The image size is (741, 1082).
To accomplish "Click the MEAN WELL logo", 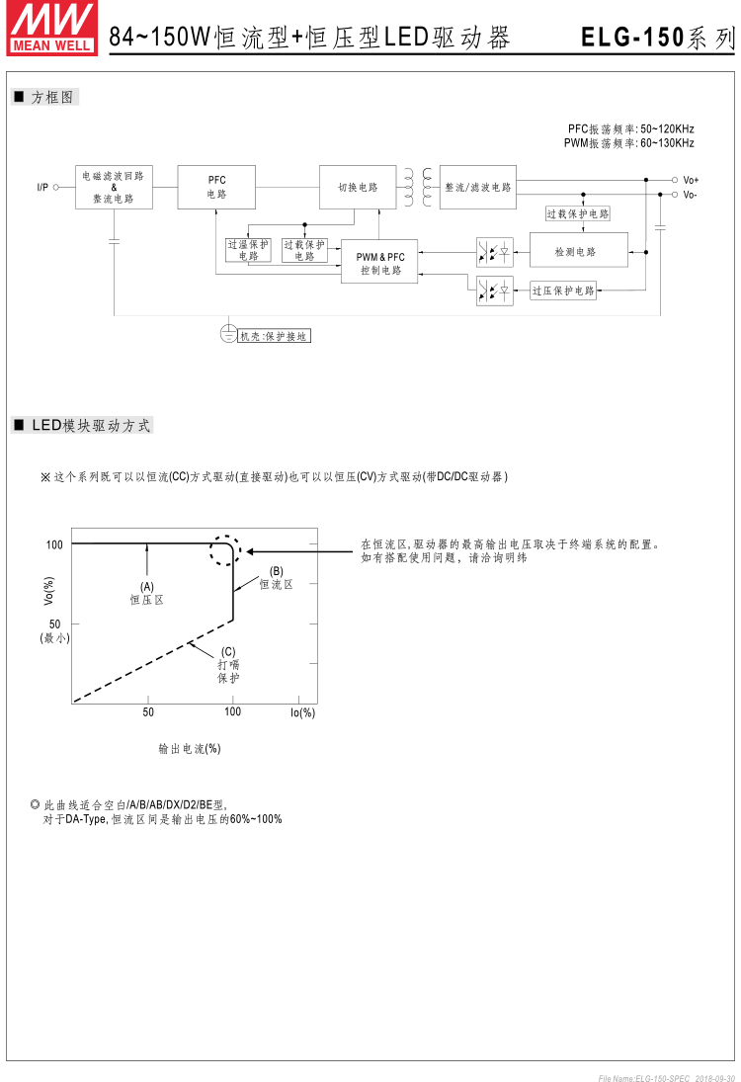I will [x=52, y=28].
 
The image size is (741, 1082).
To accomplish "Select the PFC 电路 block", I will [x=216, y=187].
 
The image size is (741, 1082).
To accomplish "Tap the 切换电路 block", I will [x=358, y=187].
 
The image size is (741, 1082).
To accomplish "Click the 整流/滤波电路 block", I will [x=478, y=187].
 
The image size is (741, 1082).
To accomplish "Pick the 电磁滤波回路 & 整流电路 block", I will [x=114, y=187].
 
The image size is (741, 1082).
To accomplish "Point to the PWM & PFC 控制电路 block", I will [x=380, y=263].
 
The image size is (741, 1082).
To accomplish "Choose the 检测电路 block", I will [x=577, y=251].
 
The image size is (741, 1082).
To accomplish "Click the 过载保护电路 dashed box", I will [x=578, y=213].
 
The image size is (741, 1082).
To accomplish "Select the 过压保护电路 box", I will [x=563, y=291].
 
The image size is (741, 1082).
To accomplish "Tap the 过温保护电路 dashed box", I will [x=247, y=250].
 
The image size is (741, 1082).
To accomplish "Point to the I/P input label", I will [x=42, y=187].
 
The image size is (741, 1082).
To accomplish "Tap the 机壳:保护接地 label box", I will [x=274, y=336].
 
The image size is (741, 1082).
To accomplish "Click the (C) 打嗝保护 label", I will [x=228, y=664].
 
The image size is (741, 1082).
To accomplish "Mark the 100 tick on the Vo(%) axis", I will [x=54, y=544].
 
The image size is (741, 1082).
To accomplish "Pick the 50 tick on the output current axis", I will [x=148, y=711].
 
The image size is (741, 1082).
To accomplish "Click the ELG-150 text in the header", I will [x=632, y=38].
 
